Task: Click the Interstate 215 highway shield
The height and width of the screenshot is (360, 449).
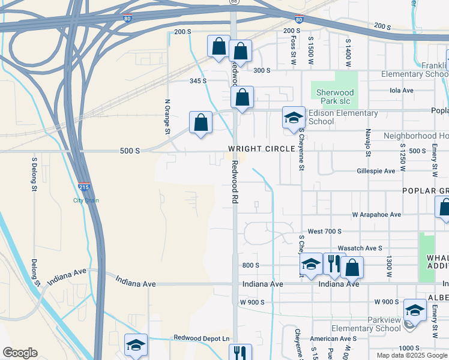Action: [84, 188]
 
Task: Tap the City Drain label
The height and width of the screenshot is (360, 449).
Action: [86, 200]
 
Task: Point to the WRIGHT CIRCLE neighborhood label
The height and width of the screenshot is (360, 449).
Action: [261, 148]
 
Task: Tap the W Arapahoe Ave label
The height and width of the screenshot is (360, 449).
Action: [376, 214]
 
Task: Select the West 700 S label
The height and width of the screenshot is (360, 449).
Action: [324, 231]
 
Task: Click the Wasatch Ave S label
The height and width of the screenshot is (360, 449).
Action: [360, 248]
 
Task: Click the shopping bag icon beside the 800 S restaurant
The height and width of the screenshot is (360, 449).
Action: [352, 267]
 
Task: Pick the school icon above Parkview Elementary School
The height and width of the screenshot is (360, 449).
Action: [414, 310]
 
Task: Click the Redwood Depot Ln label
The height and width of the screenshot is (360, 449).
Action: [202, 338]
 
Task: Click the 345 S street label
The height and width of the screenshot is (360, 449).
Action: [198, 80]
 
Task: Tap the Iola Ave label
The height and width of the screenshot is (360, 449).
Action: [402, 91]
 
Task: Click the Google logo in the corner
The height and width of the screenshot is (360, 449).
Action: [20, 353]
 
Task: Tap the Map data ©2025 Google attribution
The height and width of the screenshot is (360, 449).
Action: [411, 355]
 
